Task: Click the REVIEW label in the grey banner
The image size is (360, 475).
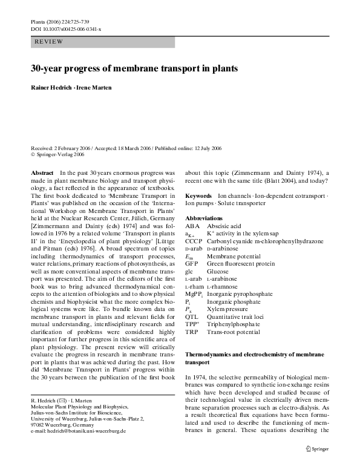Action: point(47,42)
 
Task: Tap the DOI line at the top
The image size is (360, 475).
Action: point(65,28)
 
